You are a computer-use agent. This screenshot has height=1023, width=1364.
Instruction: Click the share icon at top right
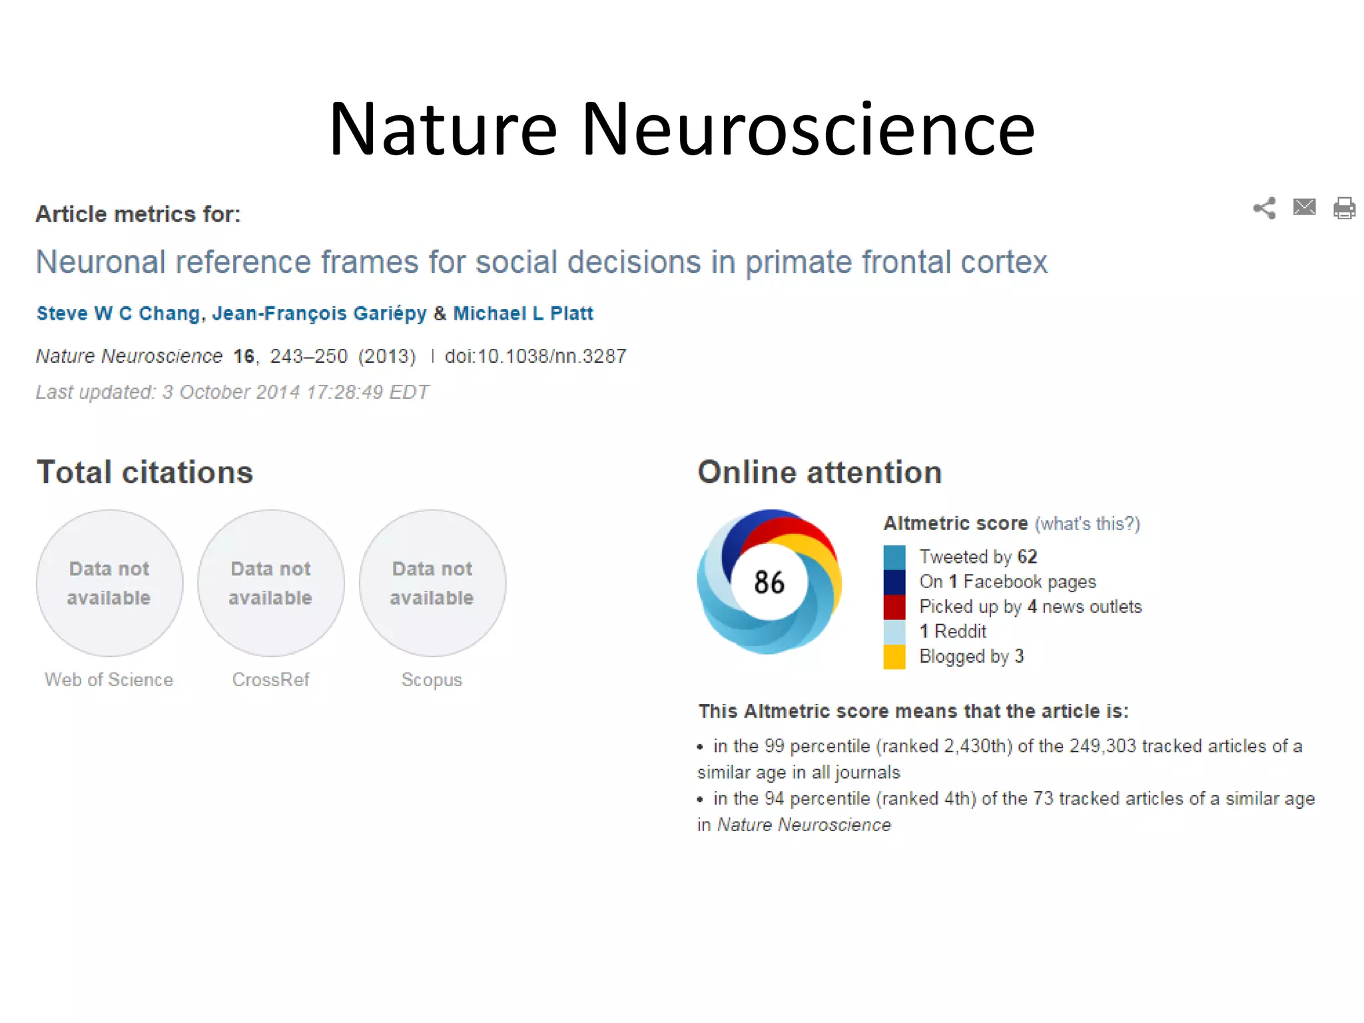[x=1263, y=208]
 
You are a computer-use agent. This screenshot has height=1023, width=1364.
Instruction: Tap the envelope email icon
[x=1304, y=207]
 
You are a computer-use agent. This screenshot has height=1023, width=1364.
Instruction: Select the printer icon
[x=1344, y=208]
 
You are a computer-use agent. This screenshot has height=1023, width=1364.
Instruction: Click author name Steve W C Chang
[x=118, y=313]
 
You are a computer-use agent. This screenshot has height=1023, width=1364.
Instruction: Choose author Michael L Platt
[x=523, y=313]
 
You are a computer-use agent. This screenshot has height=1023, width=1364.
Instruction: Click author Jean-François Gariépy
[x=319, y=313]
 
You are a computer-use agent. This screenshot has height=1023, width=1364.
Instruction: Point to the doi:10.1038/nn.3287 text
[x=535, y=356]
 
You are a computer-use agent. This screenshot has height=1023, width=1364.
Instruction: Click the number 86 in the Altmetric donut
[x=769, y=582]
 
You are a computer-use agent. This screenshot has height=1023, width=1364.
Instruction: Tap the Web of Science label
[x=109, y=679]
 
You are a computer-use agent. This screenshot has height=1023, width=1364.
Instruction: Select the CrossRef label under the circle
[x=270, y=679]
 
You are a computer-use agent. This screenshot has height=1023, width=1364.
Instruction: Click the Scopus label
[x=432, y=679]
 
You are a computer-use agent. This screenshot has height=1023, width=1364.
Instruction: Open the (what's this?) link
[x=1087, y=523]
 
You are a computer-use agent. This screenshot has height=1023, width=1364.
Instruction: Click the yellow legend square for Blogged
[x=894, y=657]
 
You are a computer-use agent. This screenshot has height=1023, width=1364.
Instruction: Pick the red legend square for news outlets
[x=894, y=607]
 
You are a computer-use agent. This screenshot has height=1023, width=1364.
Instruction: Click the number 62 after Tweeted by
[x=1027, y=556]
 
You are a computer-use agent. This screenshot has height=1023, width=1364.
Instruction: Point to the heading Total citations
[x=145, y=472]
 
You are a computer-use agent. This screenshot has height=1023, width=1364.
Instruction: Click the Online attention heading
[x=819, y=472]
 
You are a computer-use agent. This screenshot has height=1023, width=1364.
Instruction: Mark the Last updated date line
[x=232, y=392]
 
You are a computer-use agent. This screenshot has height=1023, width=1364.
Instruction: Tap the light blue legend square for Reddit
[x=894, y=631]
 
